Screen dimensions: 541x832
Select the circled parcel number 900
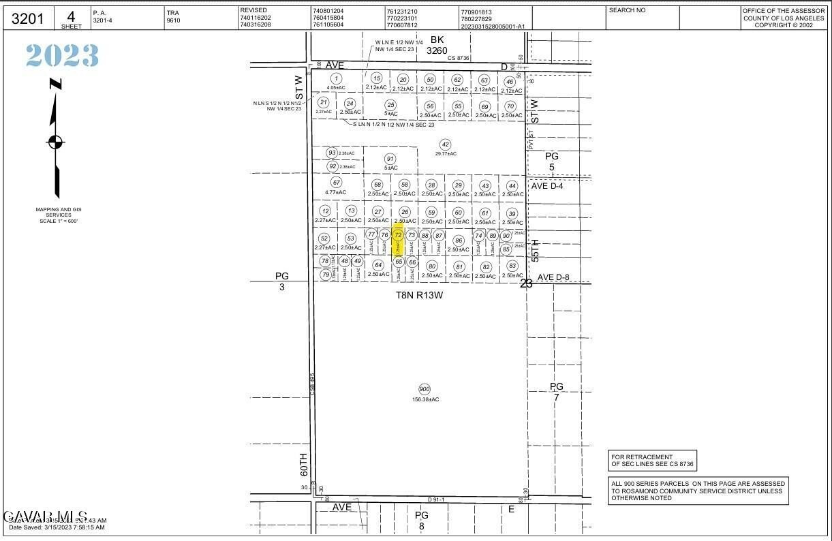pos(425,389)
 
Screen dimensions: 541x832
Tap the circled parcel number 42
pos(446,144)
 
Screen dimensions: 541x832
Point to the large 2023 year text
pos(63,56)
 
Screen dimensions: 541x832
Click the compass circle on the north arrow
pos(55,142)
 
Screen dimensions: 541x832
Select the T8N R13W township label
pos(419,295)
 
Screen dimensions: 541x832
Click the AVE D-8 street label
pos(554,277)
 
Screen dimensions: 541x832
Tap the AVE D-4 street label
pos(549,186)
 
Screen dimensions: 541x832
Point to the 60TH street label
pos(304,464)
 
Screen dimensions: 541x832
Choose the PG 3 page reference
pos(282,281)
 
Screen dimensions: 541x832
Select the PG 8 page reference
pos(422,520)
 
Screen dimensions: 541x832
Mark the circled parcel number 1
pos(336,79)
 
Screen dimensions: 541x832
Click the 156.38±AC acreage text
pos(426,399)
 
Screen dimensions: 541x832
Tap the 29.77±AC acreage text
pos(446,154)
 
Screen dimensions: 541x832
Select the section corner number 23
pos(526,283)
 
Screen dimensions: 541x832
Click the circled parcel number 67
pos(336,183)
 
